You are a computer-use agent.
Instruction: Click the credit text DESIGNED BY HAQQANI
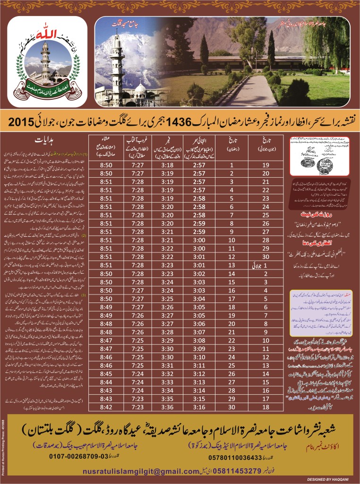[326, 478]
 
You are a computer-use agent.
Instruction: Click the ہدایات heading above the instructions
[45, 140]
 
